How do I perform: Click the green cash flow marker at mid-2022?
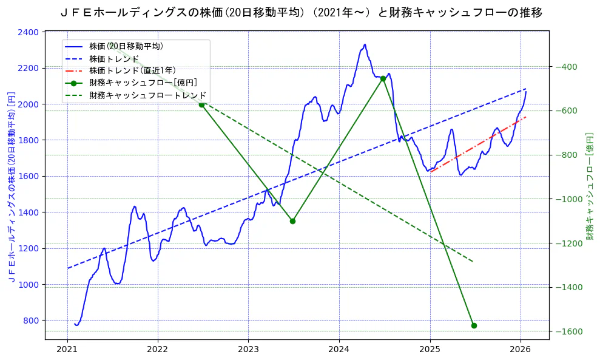[x=201, y=104]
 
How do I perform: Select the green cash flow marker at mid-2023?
[x=292, y=221]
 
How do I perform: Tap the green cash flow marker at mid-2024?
[x=383, y=78]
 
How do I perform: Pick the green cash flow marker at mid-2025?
[x=474, y=325]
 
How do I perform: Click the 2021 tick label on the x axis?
[x=67, y=350]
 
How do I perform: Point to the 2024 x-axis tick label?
[x=339, y=350]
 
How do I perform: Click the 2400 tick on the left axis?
[x=29, y=32]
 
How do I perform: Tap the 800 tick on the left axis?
[x=31, y=321]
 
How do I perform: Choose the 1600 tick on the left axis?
[x=29, y=176]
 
